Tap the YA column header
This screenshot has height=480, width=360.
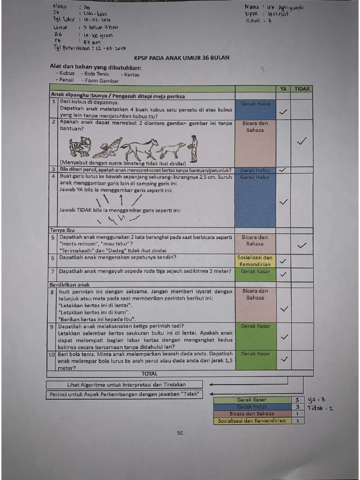pyautogui.click(x=283, y=89)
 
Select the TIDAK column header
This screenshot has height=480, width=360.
pyautogui.click(x=302, y=89)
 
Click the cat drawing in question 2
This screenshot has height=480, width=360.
pyautogui.click(x=80, y=147)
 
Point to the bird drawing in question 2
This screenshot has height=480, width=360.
pyautogui.click(x=107, y=148)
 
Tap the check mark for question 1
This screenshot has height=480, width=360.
pyautogui.click(x=283, y=112)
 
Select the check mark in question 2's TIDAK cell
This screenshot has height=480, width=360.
pyautogui.click(x=302, y=141)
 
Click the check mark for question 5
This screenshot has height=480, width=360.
pyautogui.click(x=302, y=245)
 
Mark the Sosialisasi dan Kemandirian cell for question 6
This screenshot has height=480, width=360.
pyautogui.click(x=255, y=261)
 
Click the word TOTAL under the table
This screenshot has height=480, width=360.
pyautogui.click(x=150, y=374)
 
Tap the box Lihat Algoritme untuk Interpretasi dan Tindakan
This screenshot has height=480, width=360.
pyautogui.click(x=127, y=385)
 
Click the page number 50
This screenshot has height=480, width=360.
pyautogui.click(x=180, y=433)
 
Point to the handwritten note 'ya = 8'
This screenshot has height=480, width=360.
pyautogui.click(x=317, y=399)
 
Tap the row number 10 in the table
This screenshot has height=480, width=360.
pyautogui.click(x=52, y=355)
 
